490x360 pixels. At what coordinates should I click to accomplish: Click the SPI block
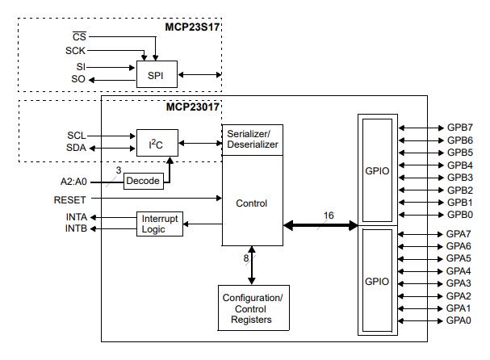pyautogui.click(x=156, y=75)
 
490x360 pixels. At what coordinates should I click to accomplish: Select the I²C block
pyautogui.click(x=156, y=144)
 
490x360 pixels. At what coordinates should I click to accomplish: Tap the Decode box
pyautogui.click(x=143, y=181)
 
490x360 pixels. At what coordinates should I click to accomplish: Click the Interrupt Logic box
pyautogui.click(x=160, y=224)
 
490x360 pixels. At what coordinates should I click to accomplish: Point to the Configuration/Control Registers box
pyautogui.click(x=252, y=309)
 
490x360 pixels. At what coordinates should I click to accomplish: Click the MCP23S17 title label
pyautogui.click(x=187, y=27)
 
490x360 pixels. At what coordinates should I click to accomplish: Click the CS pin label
pyautogui.click(x=79, y=36)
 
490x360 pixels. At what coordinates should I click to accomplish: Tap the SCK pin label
pyautogui.click(x=76, y=50)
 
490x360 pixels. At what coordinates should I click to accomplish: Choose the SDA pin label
pyautogui.click(x=76, y=148)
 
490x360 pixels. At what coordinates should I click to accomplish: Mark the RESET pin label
pyautogui.click(x=70, y=199)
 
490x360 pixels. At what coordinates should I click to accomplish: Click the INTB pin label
pyautogui.click(x=76, y=229)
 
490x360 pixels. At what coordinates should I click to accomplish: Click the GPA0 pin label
pyautogui.click(x=459, y=320)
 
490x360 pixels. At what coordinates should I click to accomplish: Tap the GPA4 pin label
pyautogui.click(x=459, y=271)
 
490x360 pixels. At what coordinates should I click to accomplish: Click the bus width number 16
pyautogui.click(x=329, y=216)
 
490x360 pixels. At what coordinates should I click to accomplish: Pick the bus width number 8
pyautogui.click(x=246, y=258)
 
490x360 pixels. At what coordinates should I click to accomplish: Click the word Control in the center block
pyautogui.click(x=251, y=203)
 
